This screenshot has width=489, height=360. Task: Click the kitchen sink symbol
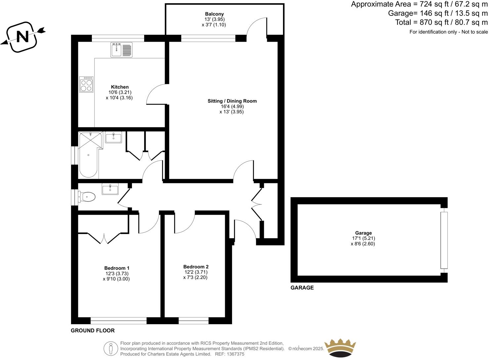point(121,50)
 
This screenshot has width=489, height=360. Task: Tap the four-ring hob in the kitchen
point(86,85)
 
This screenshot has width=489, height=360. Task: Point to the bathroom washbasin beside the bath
point(113,137)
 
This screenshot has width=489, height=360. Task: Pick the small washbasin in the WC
point(110,189)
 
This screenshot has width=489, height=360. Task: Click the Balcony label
point(214,14)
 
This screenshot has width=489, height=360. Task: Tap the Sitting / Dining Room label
point(232,101)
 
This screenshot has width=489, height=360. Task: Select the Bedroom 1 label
point(117,268)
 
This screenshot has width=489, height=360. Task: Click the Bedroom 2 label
point(196,267)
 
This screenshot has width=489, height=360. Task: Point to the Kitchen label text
point(120,87)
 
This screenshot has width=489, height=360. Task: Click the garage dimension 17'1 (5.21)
point(363,238)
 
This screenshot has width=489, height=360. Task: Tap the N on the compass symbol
point(22,36)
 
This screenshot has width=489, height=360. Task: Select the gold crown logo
point(340,348)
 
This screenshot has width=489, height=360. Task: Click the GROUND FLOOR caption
point(93,331)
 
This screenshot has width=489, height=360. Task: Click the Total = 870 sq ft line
point(441,22)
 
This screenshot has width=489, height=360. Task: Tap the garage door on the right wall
point(444,240)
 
